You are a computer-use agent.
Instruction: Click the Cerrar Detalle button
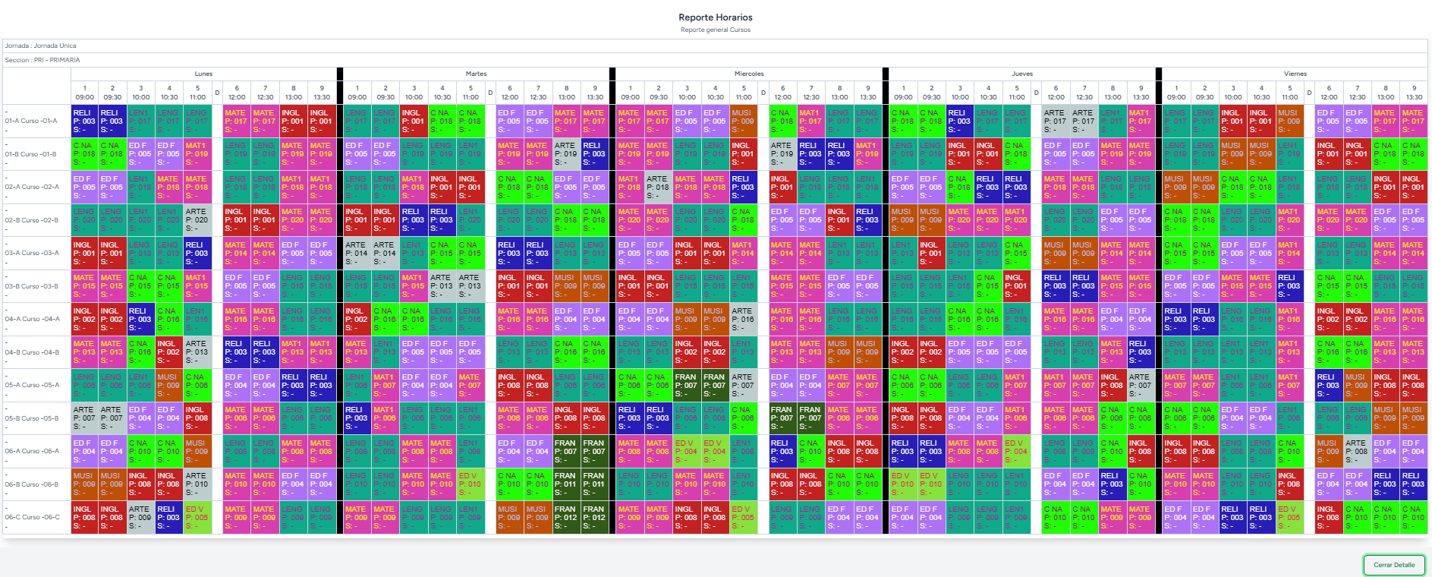point(1393,565)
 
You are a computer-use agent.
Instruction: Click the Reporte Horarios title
point(716,17)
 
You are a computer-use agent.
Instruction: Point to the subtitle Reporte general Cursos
point(716,30)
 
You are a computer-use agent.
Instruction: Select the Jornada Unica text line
point(41,46)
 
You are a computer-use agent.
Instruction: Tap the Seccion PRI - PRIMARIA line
point(42,60)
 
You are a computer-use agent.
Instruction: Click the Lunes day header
point(203,74)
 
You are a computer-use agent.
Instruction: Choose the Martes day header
point(476,74)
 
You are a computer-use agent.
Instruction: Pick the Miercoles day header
point(749,74)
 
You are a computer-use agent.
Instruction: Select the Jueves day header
point(1022,74)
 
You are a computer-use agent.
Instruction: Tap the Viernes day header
point(1295,74)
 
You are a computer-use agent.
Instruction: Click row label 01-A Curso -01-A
point(31,121)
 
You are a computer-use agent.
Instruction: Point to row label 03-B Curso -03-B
point(31,286)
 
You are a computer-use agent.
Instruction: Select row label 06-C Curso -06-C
point(32,517)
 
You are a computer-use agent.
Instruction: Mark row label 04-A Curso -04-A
point(32,319)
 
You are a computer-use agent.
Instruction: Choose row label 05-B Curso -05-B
point(32,418)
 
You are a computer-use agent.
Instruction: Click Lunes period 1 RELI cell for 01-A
point(84,121)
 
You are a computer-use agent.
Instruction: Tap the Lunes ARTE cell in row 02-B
point(197,220)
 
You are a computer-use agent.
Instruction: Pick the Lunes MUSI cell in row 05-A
point(168,385)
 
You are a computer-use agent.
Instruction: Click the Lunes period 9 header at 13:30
point(322,93)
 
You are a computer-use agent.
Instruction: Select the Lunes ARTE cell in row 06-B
point(197,484)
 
